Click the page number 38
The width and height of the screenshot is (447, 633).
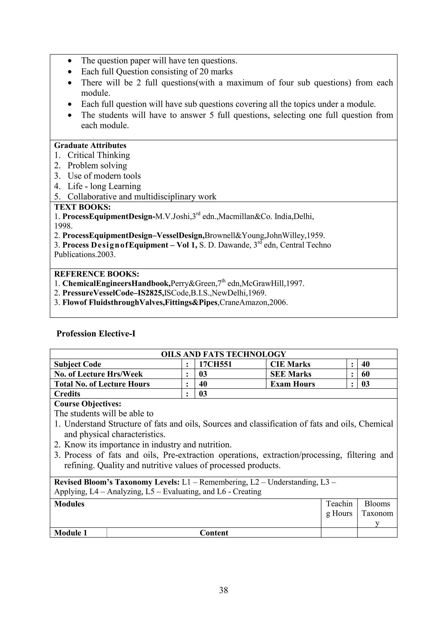(x=223, y=590)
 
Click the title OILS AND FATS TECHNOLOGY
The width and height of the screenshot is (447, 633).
(x=223, y=354)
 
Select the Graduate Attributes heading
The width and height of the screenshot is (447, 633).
(x=90, y=145)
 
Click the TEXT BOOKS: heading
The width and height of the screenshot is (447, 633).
(x=82, y=207)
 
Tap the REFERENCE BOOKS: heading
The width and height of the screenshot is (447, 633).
(x=97, y=274)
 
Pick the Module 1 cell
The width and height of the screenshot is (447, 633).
(x=70, y=533)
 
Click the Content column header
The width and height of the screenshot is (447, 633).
(x=214, y=533)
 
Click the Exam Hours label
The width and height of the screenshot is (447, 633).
(x=292, y=384)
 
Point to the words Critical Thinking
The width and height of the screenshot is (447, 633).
(x=99, y=155)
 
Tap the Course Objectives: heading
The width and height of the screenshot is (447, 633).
(x=88, y=404)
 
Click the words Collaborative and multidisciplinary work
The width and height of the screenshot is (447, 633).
(x=142, y=197)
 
